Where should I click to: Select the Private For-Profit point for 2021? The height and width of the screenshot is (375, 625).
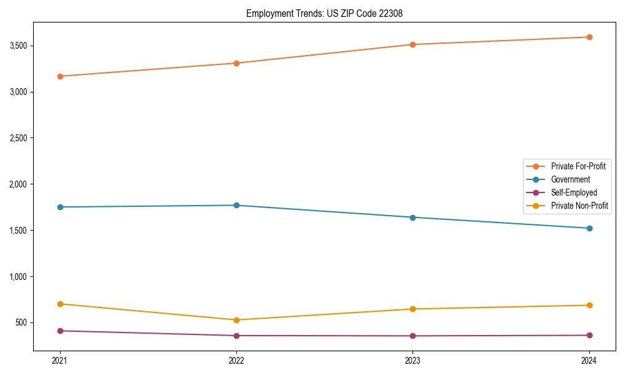[x=60, y=76]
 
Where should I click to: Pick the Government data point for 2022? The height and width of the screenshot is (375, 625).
[x=236, y=205]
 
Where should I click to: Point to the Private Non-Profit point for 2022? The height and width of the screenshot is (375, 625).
[x=236, y=320]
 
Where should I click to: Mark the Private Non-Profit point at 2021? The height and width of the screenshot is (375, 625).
[x=60, y=304]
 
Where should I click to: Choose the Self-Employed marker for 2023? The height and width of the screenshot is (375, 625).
[x=412, y=336]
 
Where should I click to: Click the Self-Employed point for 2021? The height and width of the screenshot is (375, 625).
[x=60, y=331]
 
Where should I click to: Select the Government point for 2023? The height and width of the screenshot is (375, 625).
[x=412, y=217]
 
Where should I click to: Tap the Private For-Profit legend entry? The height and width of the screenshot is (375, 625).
[x=578, y=166]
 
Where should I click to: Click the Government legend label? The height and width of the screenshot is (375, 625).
[x=570, y=179]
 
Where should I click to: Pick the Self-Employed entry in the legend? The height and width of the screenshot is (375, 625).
[x=574, y=192]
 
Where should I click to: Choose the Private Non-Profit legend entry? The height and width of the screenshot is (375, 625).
[x=579, y=206]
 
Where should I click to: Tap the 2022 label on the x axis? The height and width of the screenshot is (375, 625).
[x=236, y=361]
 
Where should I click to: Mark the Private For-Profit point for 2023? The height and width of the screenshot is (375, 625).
[x=412, y=44]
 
